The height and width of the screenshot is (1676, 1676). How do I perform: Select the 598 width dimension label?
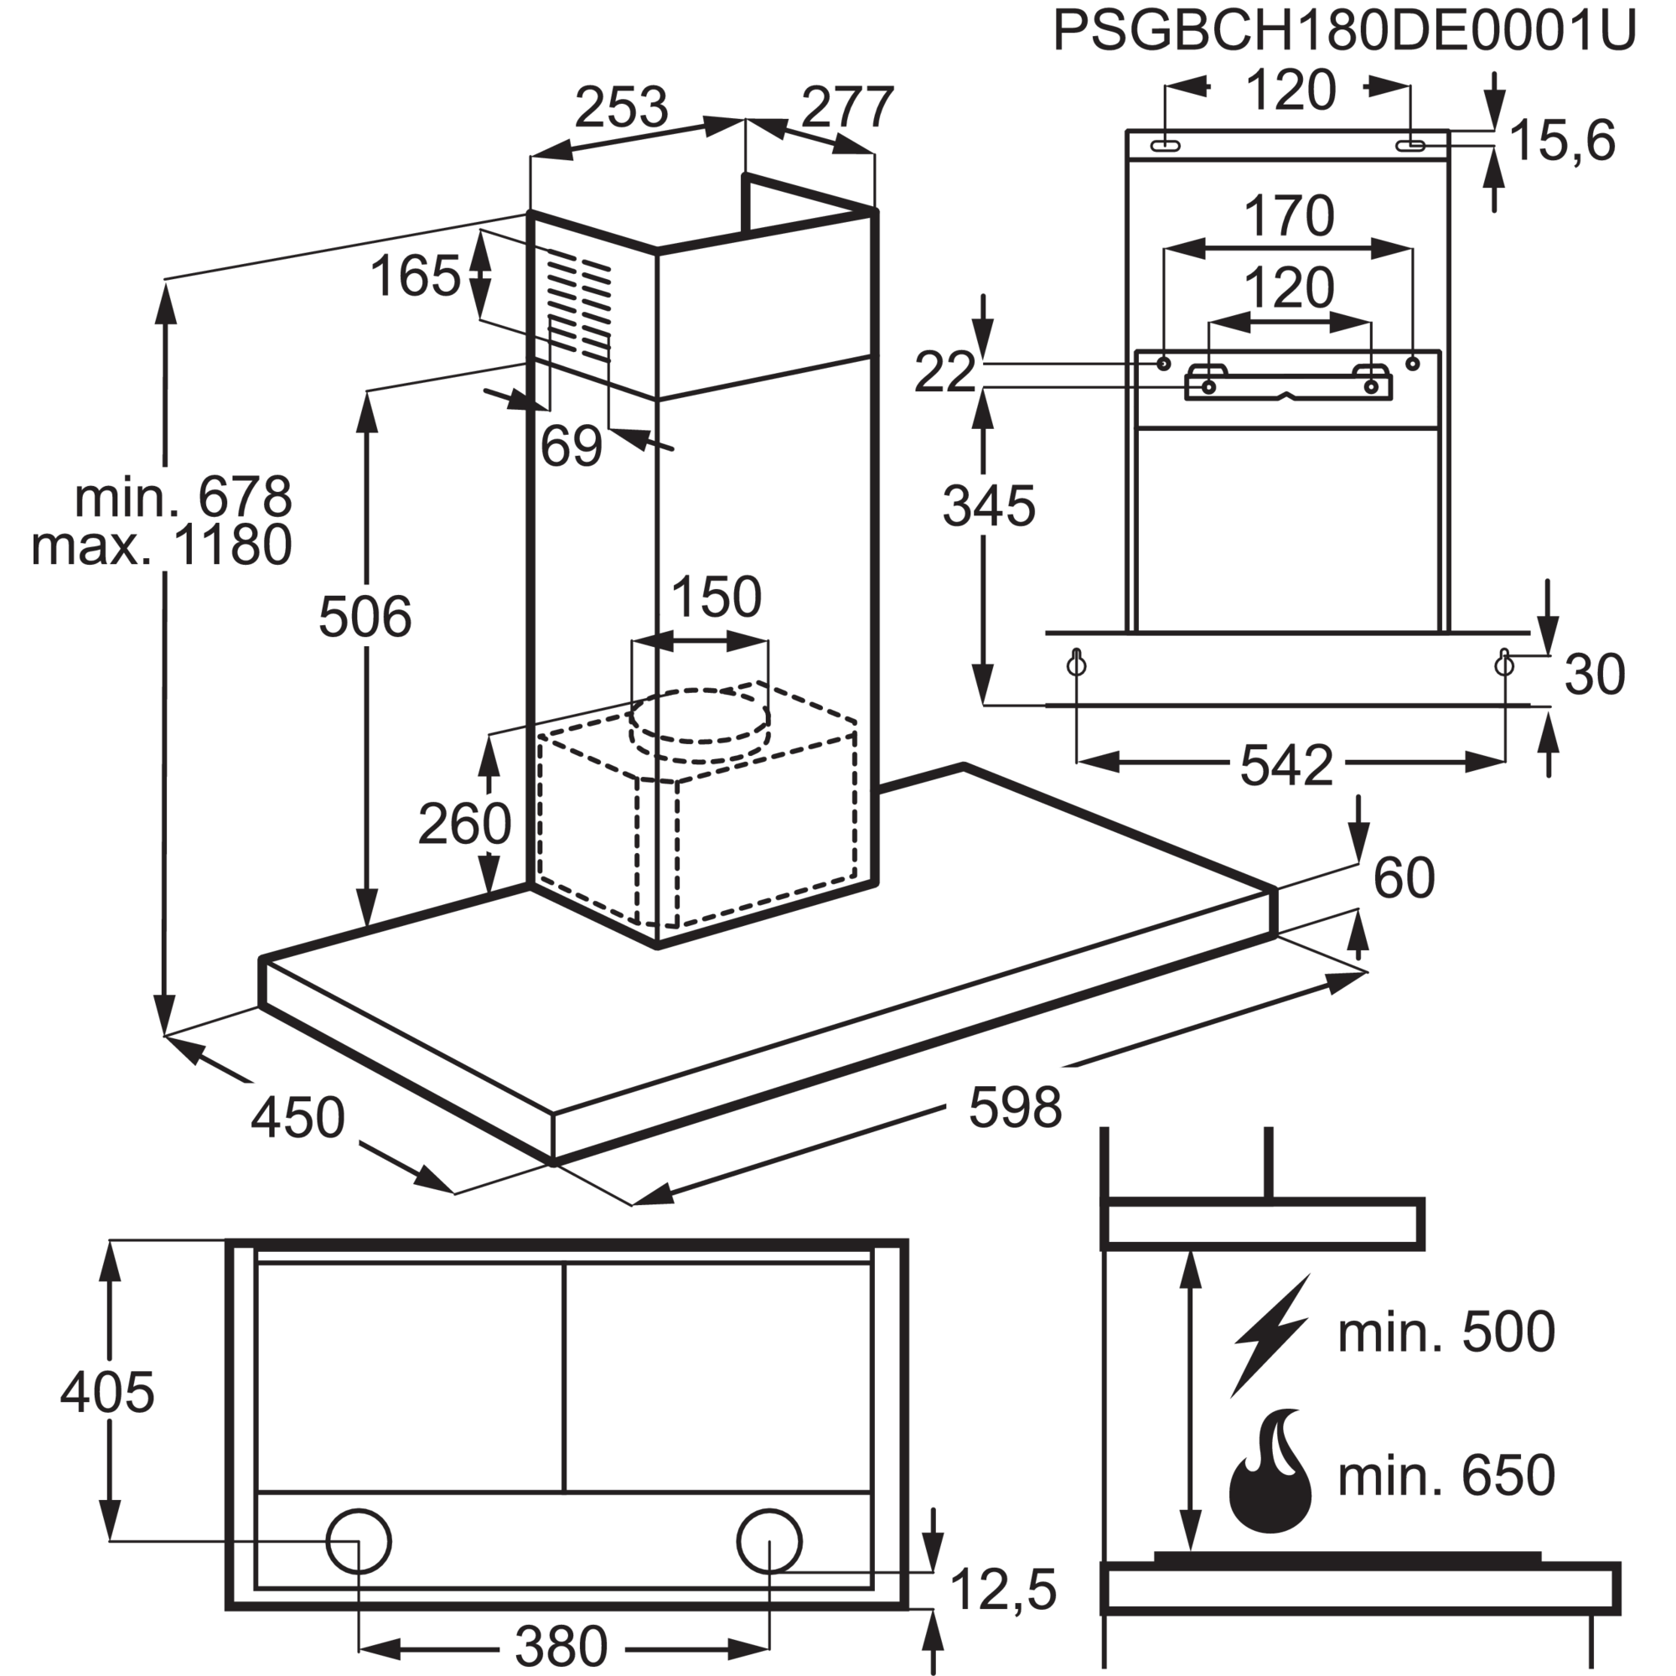1014,1106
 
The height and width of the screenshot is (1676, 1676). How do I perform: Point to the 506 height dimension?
365,617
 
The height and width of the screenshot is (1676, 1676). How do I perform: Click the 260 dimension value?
465,823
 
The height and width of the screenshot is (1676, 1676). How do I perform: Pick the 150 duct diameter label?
716,597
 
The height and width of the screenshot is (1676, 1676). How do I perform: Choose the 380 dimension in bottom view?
561,1646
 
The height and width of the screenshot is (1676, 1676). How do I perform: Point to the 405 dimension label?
107,1394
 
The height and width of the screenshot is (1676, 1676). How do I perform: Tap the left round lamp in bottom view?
358,1542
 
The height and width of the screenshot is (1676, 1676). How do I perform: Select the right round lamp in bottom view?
768,1542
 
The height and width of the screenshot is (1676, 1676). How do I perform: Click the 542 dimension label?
1286,763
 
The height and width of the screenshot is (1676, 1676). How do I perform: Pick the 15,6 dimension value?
1562,142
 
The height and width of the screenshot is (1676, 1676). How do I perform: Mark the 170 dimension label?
1289,216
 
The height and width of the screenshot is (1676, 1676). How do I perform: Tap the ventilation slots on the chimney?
578,308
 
